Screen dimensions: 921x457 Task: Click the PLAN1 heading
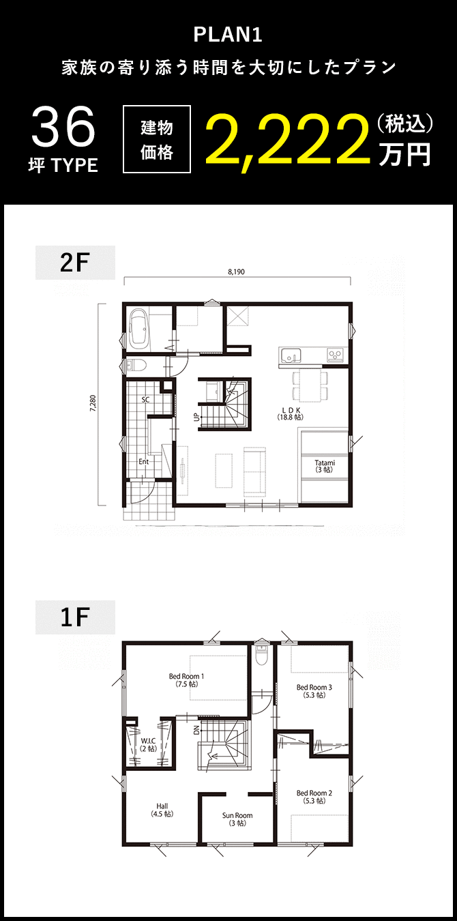[228, 35]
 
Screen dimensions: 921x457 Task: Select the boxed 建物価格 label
[156, 140]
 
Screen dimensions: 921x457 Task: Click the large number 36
[63, 128]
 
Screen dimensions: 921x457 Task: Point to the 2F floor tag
[75, 263]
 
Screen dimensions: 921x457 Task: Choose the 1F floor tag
[75, 617]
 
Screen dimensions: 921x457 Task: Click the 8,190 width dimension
[236, 272]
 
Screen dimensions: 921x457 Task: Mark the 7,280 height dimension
[92, 405]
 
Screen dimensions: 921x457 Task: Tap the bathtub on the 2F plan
[139, 327]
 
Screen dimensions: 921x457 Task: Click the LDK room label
[290, 413]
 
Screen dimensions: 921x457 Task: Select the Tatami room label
[325, 466]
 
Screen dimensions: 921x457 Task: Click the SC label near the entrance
[145, 400]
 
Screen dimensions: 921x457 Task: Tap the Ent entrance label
[143, 462]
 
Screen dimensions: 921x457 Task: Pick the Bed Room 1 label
[186, 679]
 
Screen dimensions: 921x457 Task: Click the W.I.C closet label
[148, 744]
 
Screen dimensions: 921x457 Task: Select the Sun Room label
[237, 819]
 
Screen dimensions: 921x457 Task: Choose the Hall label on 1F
[162, 809]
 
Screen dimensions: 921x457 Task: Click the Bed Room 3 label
[314, 691]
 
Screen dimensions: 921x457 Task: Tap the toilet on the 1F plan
[260, 654]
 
